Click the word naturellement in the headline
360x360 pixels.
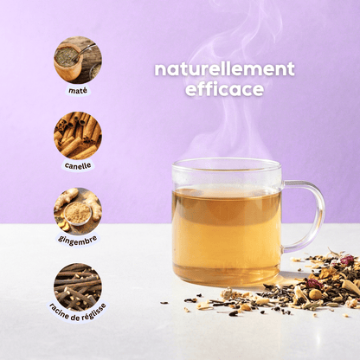click(224, 69)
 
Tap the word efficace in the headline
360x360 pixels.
click(224, 89)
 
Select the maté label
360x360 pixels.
click(78, 91)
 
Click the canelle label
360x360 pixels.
click(78, 165)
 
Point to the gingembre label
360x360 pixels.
click(78, 240)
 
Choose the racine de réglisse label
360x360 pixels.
click(78, 312)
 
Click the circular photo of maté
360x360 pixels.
click(78, 61)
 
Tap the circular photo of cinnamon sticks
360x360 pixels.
click(78, 136)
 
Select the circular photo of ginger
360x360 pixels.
click(78, 211)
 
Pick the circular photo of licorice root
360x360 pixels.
click(78, 286)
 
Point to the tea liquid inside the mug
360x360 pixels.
click(227, 234)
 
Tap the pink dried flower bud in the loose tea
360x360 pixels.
click(346, 260)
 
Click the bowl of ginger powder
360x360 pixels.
click(78, 214)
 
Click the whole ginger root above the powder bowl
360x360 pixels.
click(67, 196)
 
